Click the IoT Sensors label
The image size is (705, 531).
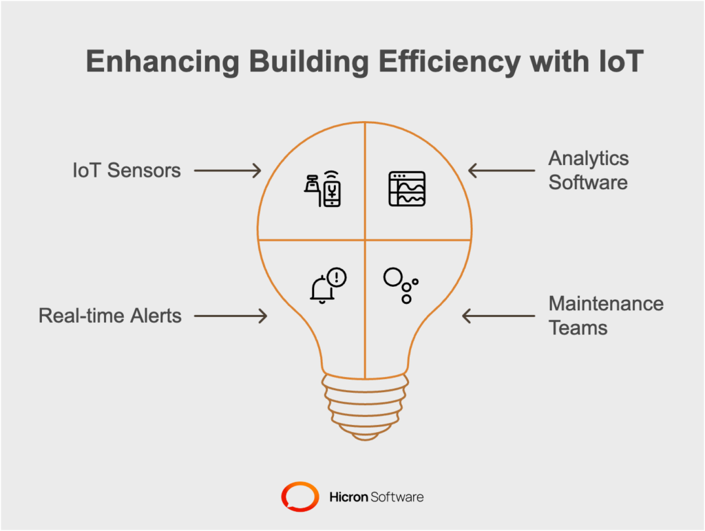pos(127,171)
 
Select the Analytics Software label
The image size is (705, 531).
pos(589,171)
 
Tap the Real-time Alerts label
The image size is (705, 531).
pos(110,316)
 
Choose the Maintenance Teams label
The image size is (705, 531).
pos(606,316)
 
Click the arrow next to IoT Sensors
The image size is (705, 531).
pos(227,171)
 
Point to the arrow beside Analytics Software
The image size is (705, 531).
pos(502,171)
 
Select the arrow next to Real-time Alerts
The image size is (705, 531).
pos(231,316)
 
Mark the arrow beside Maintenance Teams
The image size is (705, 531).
pos(498,316)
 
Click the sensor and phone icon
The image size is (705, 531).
pos(323,190)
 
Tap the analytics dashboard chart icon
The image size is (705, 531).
pos(407,188)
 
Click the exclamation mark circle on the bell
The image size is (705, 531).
pos(337,277)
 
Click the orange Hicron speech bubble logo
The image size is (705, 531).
pos(300,497)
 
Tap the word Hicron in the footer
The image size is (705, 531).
pos(348,497)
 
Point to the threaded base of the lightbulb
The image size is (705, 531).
pos(365,407)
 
